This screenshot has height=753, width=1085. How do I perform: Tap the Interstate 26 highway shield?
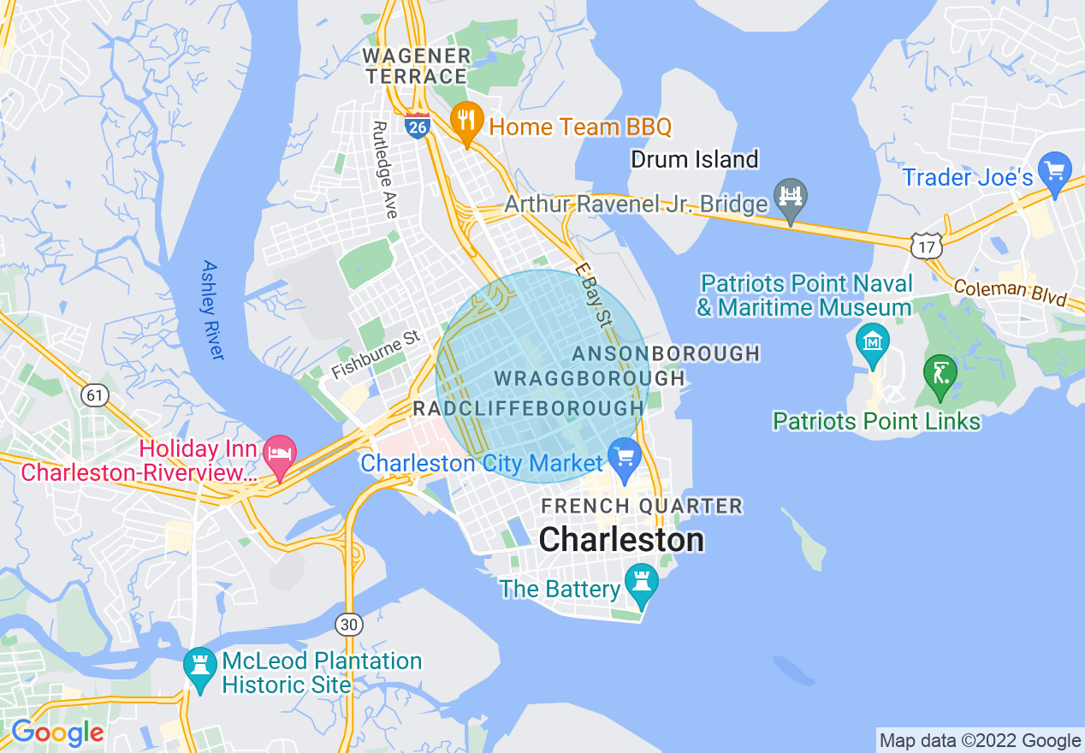[x=418, y=126]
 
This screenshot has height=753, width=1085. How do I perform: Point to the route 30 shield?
[x=348, y=625]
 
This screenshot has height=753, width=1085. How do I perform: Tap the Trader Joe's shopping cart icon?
[x=1054, y=171]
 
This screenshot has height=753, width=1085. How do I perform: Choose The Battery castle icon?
[x=641, y=582]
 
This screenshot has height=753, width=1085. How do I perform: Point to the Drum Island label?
[x=694, y=159]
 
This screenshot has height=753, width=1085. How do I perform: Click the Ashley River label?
[x=212, y=309]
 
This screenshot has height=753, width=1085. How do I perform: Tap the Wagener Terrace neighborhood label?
[x=417, y=66]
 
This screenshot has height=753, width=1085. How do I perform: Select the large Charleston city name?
[x=622, y=540]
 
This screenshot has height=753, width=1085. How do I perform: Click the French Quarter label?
[x=642, y=507]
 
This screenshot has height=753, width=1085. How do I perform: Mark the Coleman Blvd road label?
[x=1010, y=292]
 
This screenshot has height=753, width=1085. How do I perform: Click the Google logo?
[x=57, y=733]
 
